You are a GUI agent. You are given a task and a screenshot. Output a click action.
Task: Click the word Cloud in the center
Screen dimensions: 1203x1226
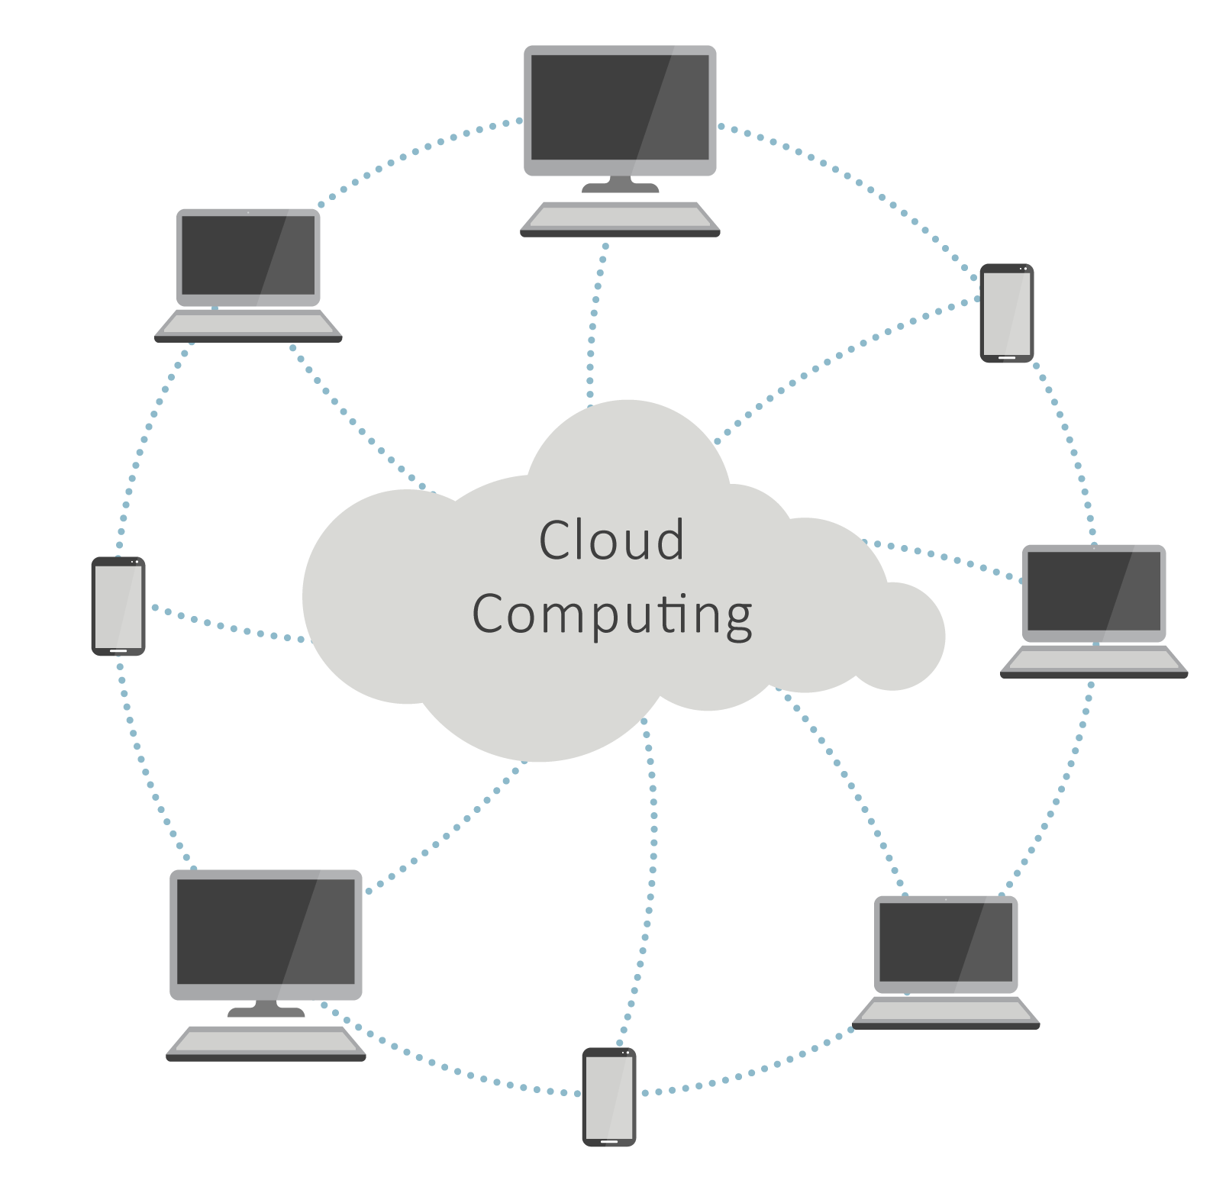click(x=611, y=540)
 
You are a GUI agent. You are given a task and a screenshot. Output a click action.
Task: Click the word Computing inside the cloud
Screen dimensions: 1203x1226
click(x=611, y=614)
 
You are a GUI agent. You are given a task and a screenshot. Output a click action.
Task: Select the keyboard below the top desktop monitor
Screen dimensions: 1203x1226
click(x=620, y=217)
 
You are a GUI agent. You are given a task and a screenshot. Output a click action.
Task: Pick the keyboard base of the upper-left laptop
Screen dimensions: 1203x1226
click(x=248, y=325)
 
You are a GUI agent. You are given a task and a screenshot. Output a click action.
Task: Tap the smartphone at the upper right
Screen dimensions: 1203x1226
click(x=1006, y=312)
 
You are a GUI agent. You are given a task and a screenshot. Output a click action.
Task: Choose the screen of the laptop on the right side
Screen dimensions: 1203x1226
click(x=1093, y=592)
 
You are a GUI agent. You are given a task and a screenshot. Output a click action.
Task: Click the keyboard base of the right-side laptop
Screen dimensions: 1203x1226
click(x=1094, y=661)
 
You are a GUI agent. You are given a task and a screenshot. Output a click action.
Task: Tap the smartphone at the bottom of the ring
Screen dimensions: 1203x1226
click(x=608, y=1096)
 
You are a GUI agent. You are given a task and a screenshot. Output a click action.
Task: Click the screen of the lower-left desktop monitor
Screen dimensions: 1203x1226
click(x=266, y=932)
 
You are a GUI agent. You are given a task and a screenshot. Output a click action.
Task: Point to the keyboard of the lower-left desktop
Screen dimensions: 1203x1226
click(x=266, y=1043)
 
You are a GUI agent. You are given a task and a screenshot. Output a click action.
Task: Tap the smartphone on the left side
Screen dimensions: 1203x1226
click(x=118, y=605)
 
